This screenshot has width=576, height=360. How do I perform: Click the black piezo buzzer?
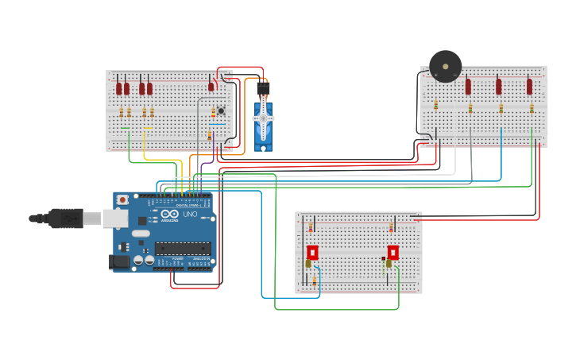(445, 66)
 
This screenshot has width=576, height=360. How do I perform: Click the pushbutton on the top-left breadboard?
(221, 110)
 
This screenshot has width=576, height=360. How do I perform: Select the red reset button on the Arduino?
(122, 200)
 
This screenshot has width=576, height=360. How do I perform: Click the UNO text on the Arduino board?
(190, 215)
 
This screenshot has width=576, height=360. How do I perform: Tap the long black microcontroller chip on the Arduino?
(182, 248)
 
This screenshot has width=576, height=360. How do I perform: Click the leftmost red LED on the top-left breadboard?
(119, 87)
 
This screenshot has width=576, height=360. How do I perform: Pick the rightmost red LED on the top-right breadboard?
(529, 86)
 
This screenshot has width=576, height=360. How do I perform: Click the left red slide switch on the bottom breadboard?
(312, 253)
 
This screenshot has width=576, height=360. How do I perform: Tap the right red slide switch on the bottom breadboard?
(392, 253)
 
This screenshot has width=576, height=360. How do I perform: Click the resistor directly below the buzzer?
(435, 105)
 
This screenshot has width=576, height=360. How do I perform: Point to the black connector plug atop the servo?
(262, 87)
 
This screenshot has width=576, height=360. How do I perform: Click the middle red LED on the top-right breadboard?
(498, 86)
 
